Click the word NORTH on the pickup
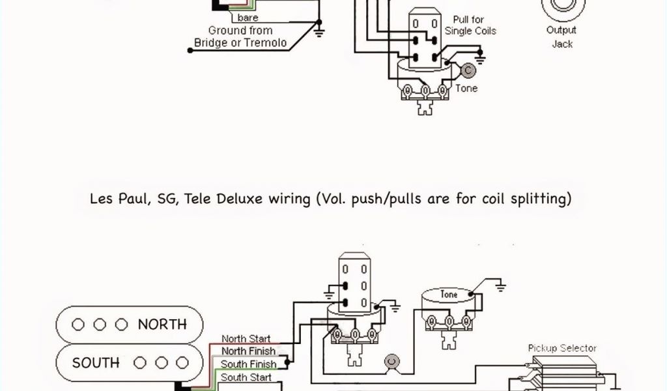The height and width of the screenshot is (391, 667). (x=162, y=324)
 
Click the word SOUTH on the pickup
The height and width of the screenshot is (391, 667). (x=96, y=362)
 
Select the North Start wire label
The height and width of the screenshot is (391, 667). (x=246, y=339)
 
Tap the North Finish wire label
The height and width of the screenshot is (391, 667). (x=248, y=351)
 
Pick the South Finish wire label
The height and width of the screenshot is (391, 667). (x=248, y=364)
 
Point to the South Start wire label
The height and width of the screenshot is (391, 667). (x=246, y=377)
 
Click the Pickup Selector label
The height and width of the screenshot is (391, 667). (x=562, y=348)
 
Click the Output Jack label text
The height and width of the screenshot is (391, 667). (x=561, y=37)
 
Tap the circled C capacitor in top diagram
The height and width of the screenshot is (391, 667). (x=468, y=71)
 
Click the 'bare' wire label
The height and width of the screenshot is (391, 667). (x=248, y=18)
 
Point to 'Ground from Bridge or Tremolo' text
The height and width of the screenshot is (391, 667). (x=240, y=36)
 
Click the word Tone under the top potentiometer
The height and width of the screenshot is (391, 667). (x=466, y=89)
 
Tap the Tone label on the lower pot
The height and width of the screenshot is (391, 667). (x=449, y=295)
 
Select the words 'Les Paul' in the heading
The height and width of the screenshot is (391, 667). (x=117, y=198)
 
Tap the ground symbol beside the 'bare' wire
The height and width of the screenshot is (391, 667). (x=319, y=29)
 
